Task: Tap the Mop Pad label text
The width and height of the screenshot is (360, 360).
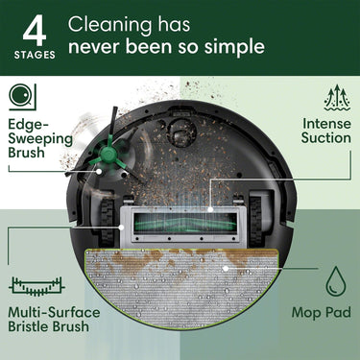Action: [321, 314]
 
